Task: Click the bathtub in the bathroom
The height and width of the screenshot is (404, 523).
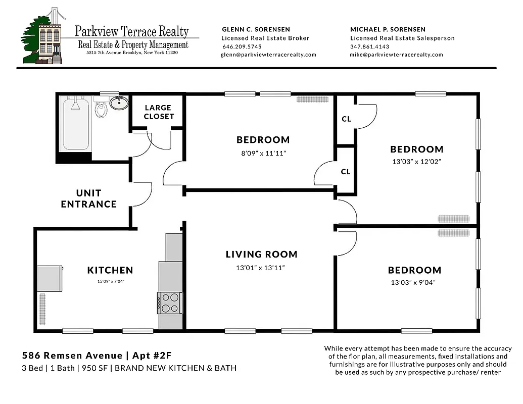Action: click(x=76, y=125)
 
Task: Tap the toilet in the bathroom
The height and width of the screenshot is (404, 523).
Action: click(x=101, y=109)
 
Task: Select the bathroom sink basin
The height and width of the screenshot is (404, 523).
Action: click(x=119, y=104)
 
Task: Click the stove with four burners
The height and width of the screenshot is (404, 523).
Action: click(x=170, y=302)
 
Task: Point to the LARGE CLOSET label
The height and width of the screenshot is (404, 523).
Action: click(x=158, y=112)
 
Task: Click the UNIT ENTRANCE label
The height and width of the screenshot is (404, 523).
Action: click(x=89, y=198)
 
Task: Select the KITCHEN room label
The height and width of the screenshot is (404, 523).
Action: click(x=110, y=270)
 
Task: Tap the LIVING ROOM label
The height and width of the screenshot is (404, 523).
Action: click(x=261, y=254)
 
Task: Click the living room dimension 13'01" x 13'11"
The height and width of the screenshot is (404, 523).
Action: click(x=261, y=267)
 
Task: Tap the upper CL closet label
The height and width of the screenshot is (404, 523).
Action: click(x=346, y=119)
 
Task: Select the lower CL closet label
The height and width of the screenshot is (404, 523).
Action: click(x=346, y=172)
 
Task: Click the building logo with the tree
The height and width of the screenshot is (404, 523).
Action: click(x=42, y=38)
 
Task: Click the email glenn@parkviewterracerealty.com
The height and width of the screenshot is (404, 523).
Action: click(x=268, y=55)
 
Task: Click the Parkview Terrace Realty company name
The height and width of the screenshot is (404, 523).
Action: click(x=132, y=31)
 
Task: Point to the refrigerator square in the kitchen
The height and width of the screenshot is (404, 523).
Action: click(x=50, y=278)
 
